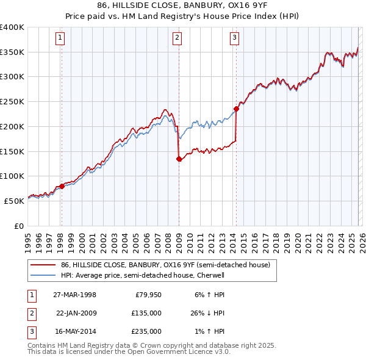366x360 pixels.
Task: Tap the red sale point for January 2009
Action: (179, 159)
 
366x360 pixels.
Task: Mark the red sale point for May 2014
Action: (236, 109)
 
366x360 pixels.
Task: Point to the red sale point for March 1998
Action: (62, 187)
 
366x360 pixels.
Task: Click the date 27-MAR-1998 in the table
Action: (74, 295)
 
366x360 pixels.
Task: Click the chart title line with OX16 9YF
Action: (183, 5)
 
